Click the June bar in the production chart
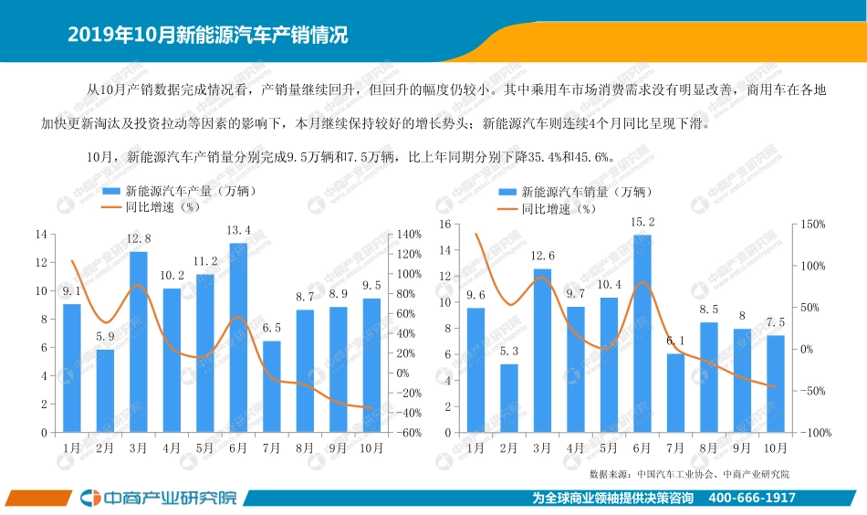point(238,337)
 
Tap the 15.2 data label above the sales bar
point(642,222)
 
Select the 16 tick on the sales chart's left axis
point(445,224)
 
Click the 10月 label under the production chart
point(372,448)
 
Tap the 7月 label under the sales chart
point(675,448)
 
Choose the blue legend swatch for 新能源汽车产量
point(110,192)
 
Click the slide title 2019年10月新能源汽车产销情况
point(208,36)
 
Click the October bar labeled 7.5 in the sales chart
point(775,384)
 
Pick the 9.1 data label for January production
point(71,292)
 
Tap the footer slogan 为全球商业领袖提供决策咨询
point(612,499)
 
